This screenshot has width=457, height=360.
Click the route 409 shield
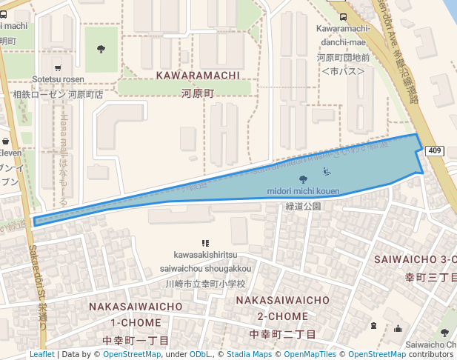pos(435,151)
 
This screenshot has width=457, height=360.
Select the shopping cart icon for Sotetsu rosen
pos(58,67)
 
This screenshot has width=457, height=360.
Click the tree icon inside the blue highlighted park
pos(302,179)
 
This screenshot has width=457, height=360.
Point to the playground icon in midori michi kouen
pos(327,173)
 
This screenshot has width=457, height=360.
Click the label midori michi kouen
pos(303,191)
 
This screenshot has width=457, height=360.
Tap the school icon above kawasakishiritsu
pos(205,243)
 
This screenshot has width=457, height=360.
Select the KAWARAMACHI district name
pos(197,76)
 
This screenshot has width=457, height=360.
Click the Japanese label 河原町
pos(197,93)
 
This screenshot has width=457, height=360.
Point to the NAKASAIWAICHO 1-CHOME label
pos(136,314)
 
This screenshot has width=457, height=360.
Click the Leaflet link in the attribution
pos(41,354)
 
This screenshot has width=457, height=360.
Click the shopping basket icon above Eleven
pos(5,141)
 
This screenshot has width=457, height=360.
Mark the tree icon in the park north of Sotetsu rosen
pos(101,49)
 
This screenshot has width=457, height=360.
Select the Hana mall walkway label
pos(64,159)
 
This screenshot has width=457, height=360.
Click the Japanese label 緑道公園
pos(303,207)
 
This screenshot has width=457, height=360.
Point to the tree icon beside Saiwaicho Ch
pos(444,333)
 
